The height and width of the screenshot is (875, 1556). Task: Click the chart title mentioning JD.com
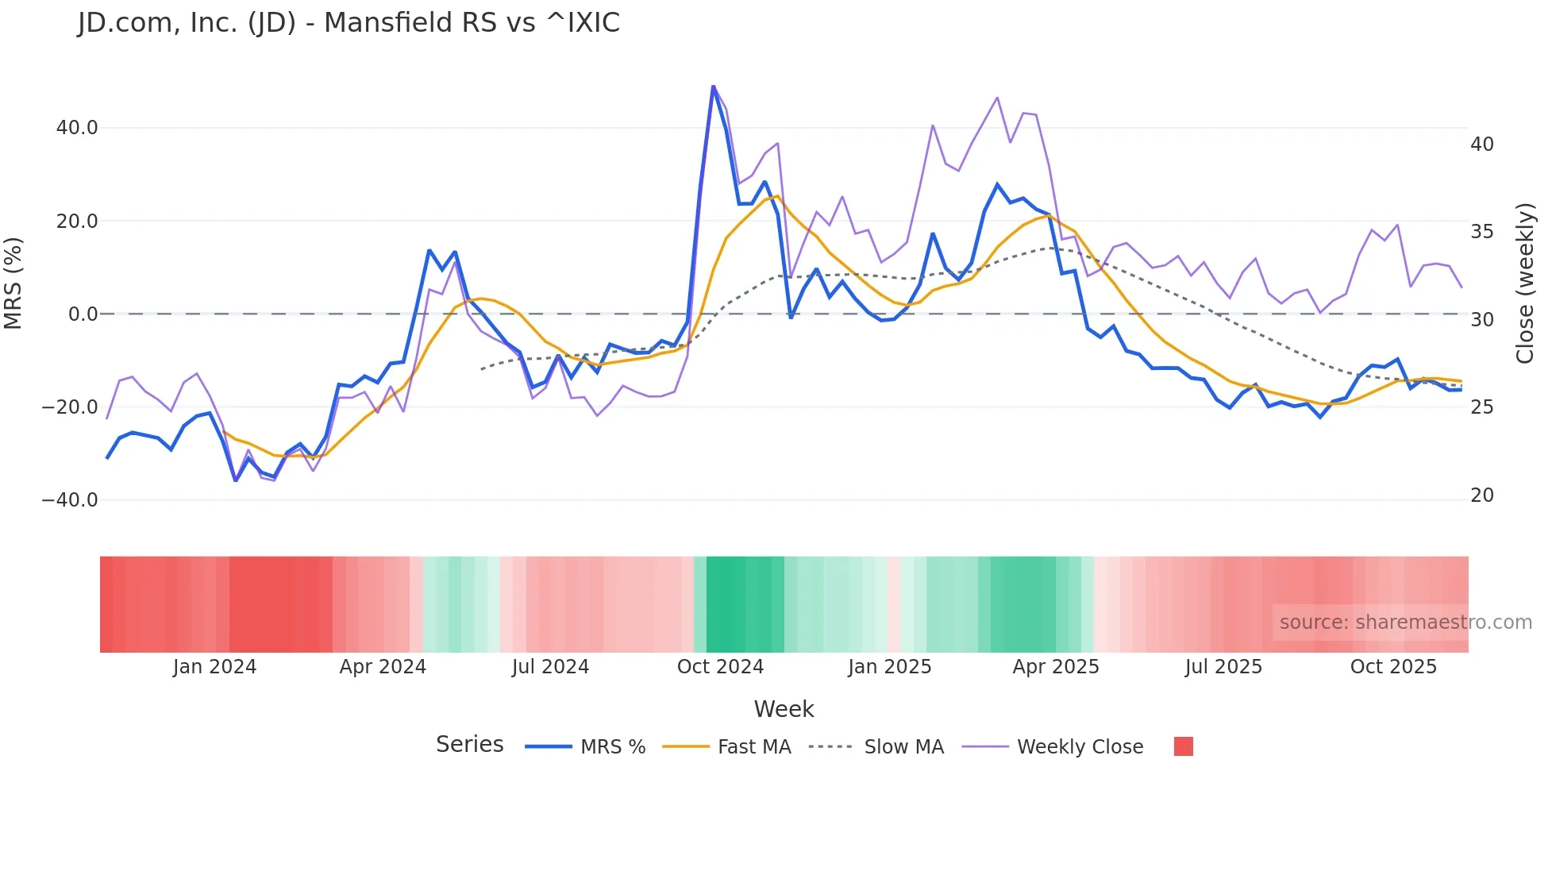tap(349, 22)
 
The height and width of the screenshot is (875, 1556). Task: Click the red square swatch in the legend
tap(1183, 746)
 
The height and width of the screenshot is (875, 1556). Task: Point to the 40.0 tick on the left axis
tap(77, 128)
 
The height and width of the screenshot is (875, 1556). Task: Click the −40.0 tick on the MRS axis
tap(70, 500)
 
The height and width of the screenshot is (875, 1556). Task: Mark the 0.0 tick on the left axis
tap(83, 314)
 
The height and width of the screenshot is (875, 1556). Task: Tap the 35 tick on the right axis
tap(1481, 232)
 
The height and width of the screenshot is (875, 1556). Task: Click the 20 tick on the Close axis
tap(1481, 495)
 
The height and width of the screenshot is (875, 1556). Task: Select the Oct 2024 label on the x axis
tap(720, 667)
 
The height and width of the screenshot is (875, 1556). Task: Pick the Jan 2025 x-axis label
tap(889, 667)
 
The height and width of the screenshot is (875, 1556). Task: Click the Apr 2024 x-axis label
tap(383, 667)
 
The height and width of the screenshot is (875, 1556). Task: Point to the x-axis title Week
tap(784, 709)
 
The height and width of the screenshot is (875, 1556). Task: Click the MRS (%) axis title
tap(13, 283)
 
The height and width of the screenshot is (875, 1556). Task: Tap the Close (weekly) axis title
tap(1524, 283)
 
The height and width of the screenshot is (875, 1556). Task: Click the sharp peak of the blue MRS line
tap(713, 87)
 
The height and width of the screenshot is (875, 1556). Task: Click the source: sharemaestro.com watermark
tap(1405, 623)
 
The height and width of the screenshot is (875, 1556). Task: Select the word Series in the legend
tap(469, 745)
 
